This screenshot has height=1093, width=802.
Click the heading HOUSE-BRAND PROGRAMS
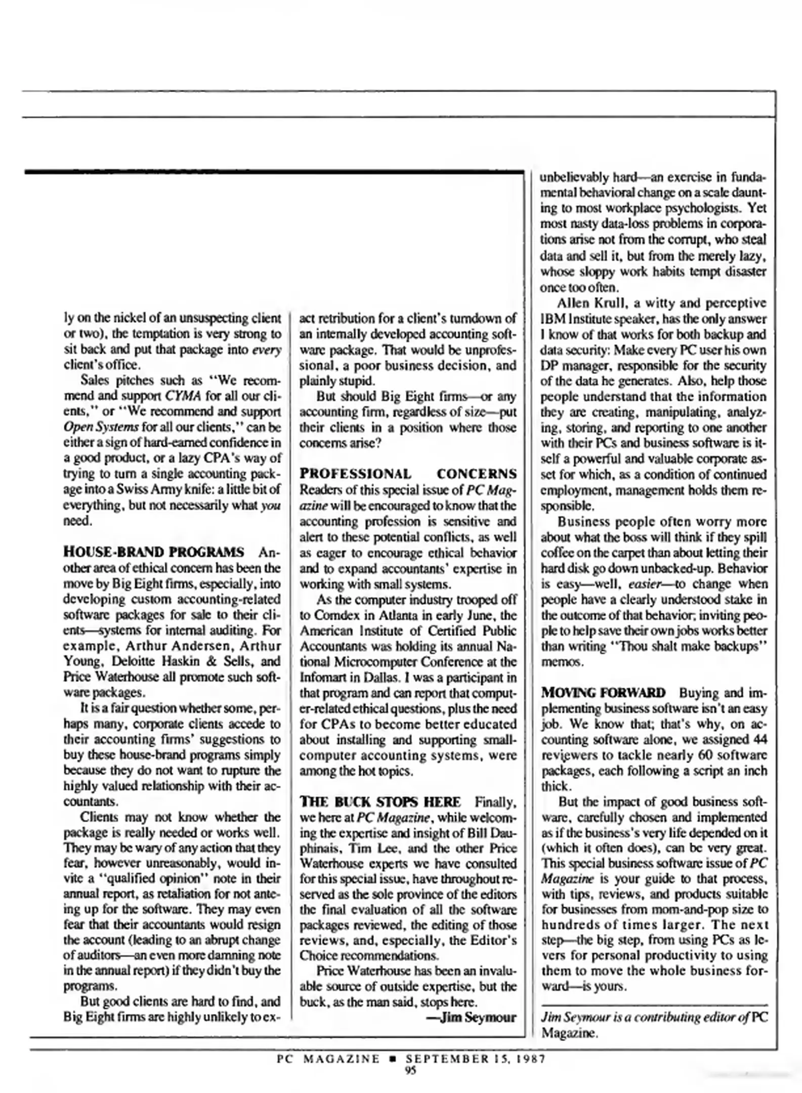[x=153, y=552]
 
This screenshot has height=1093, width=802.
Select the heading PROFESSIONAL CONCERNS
[x=408, y=474]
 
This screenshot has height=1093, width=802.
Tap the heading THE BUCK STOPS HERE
[x=381, y=802]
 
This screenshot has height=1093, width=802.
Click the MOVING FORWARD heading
[x=604, y=692]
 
